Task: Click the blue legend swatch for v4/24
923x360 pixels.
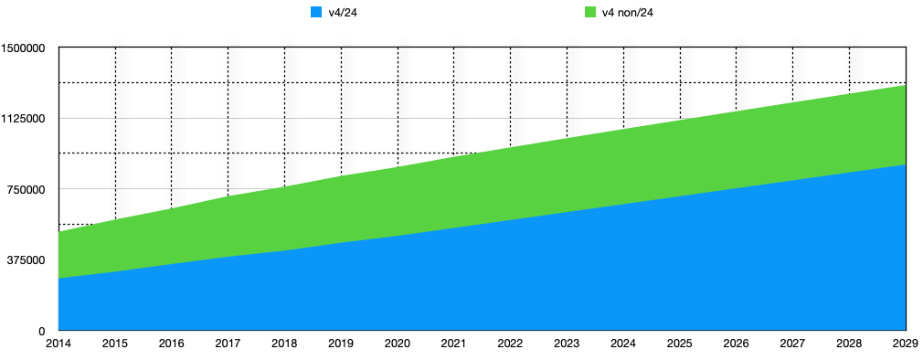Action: click(317, 12)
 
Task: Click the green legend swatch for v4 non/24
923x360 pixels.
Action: click(589, 12)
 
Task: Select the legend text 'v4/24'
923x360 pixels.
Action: click(342, 12)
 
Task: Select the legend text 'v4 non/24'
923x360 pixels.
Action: click(627, 12)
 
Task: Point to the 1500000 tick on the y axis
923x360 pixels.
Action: click(27, 48)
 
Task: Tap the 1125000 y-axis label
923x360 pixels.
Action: click(27, 119)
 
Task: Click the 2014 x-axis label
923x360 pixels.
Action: click(58, 344)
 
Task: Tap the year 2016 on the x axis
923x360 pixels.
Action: click(172, 344)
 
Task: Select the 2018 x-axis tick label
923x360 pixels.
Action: click(284, 344)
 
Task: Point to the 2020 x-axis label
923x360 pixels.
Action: click(398, 344)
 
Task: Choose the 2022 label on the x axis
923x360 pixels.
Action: click(510, 344)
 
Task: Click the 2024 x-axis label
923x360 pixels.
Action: click(623, 344)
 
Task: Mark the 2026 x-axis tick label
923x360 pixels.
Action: click(737, 344)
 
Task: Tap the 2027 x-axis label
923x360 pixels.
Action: click(792, 344)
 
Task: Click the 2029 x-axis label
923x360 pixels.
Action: click(905, 344)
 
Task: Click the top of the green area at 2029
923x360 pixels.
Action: click(905, 85)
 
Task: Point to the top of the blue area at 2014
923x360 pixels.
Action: click(59, 278)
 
